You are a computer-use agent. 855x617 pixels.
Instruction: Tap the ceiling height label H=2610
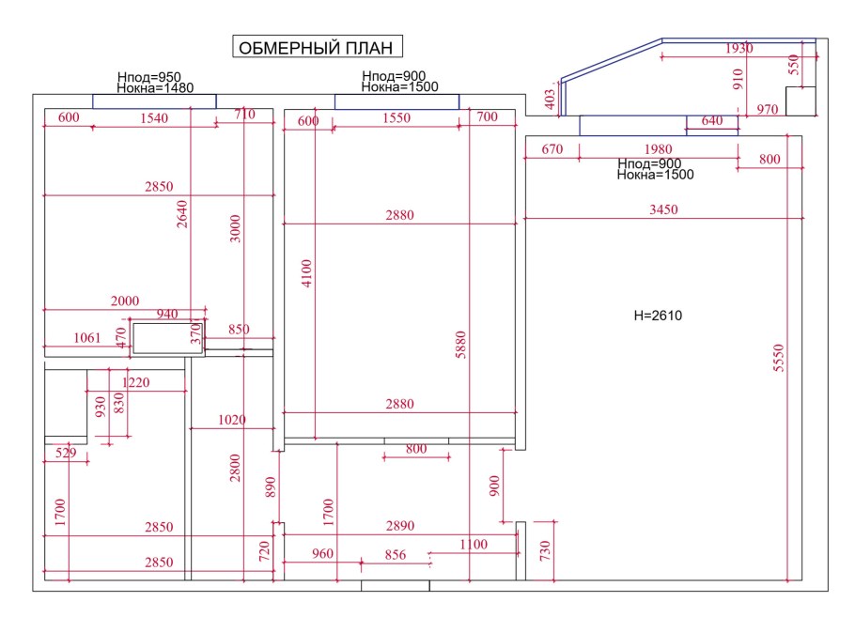click(x=658, y=316)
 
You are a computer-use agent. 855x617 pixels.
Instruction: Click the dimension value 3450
click(x=663, y=209)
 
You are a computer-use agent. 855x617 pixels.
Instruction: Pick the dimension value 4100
click(x=306, y=272)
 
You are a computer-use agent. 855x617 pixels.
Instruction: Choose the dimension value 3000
click(x=235, y=229)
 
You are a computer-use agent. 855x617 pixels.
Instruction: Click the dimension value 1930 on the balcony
click(x=740, y=49)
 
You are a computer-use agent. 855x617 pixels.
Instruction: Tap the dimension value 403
click(x=551, y=97)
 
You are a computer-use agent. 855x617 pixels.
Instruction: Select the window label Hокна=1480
click(x=155, y=88)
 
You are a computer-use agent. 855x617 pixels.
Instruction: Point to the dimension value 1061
click(x=91, y=338)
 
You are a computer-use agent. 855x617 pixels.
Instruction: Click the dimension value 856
click(x=396, y=555)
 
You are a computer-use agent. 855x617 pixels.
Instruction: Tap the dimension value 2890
click(x=400, y=527)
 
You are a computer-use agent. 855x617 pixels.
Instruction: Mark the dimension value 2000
click(x=125, y=301)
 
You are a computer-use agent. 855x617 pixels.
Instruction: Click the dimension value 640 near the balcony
click(x=712, y=120)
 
